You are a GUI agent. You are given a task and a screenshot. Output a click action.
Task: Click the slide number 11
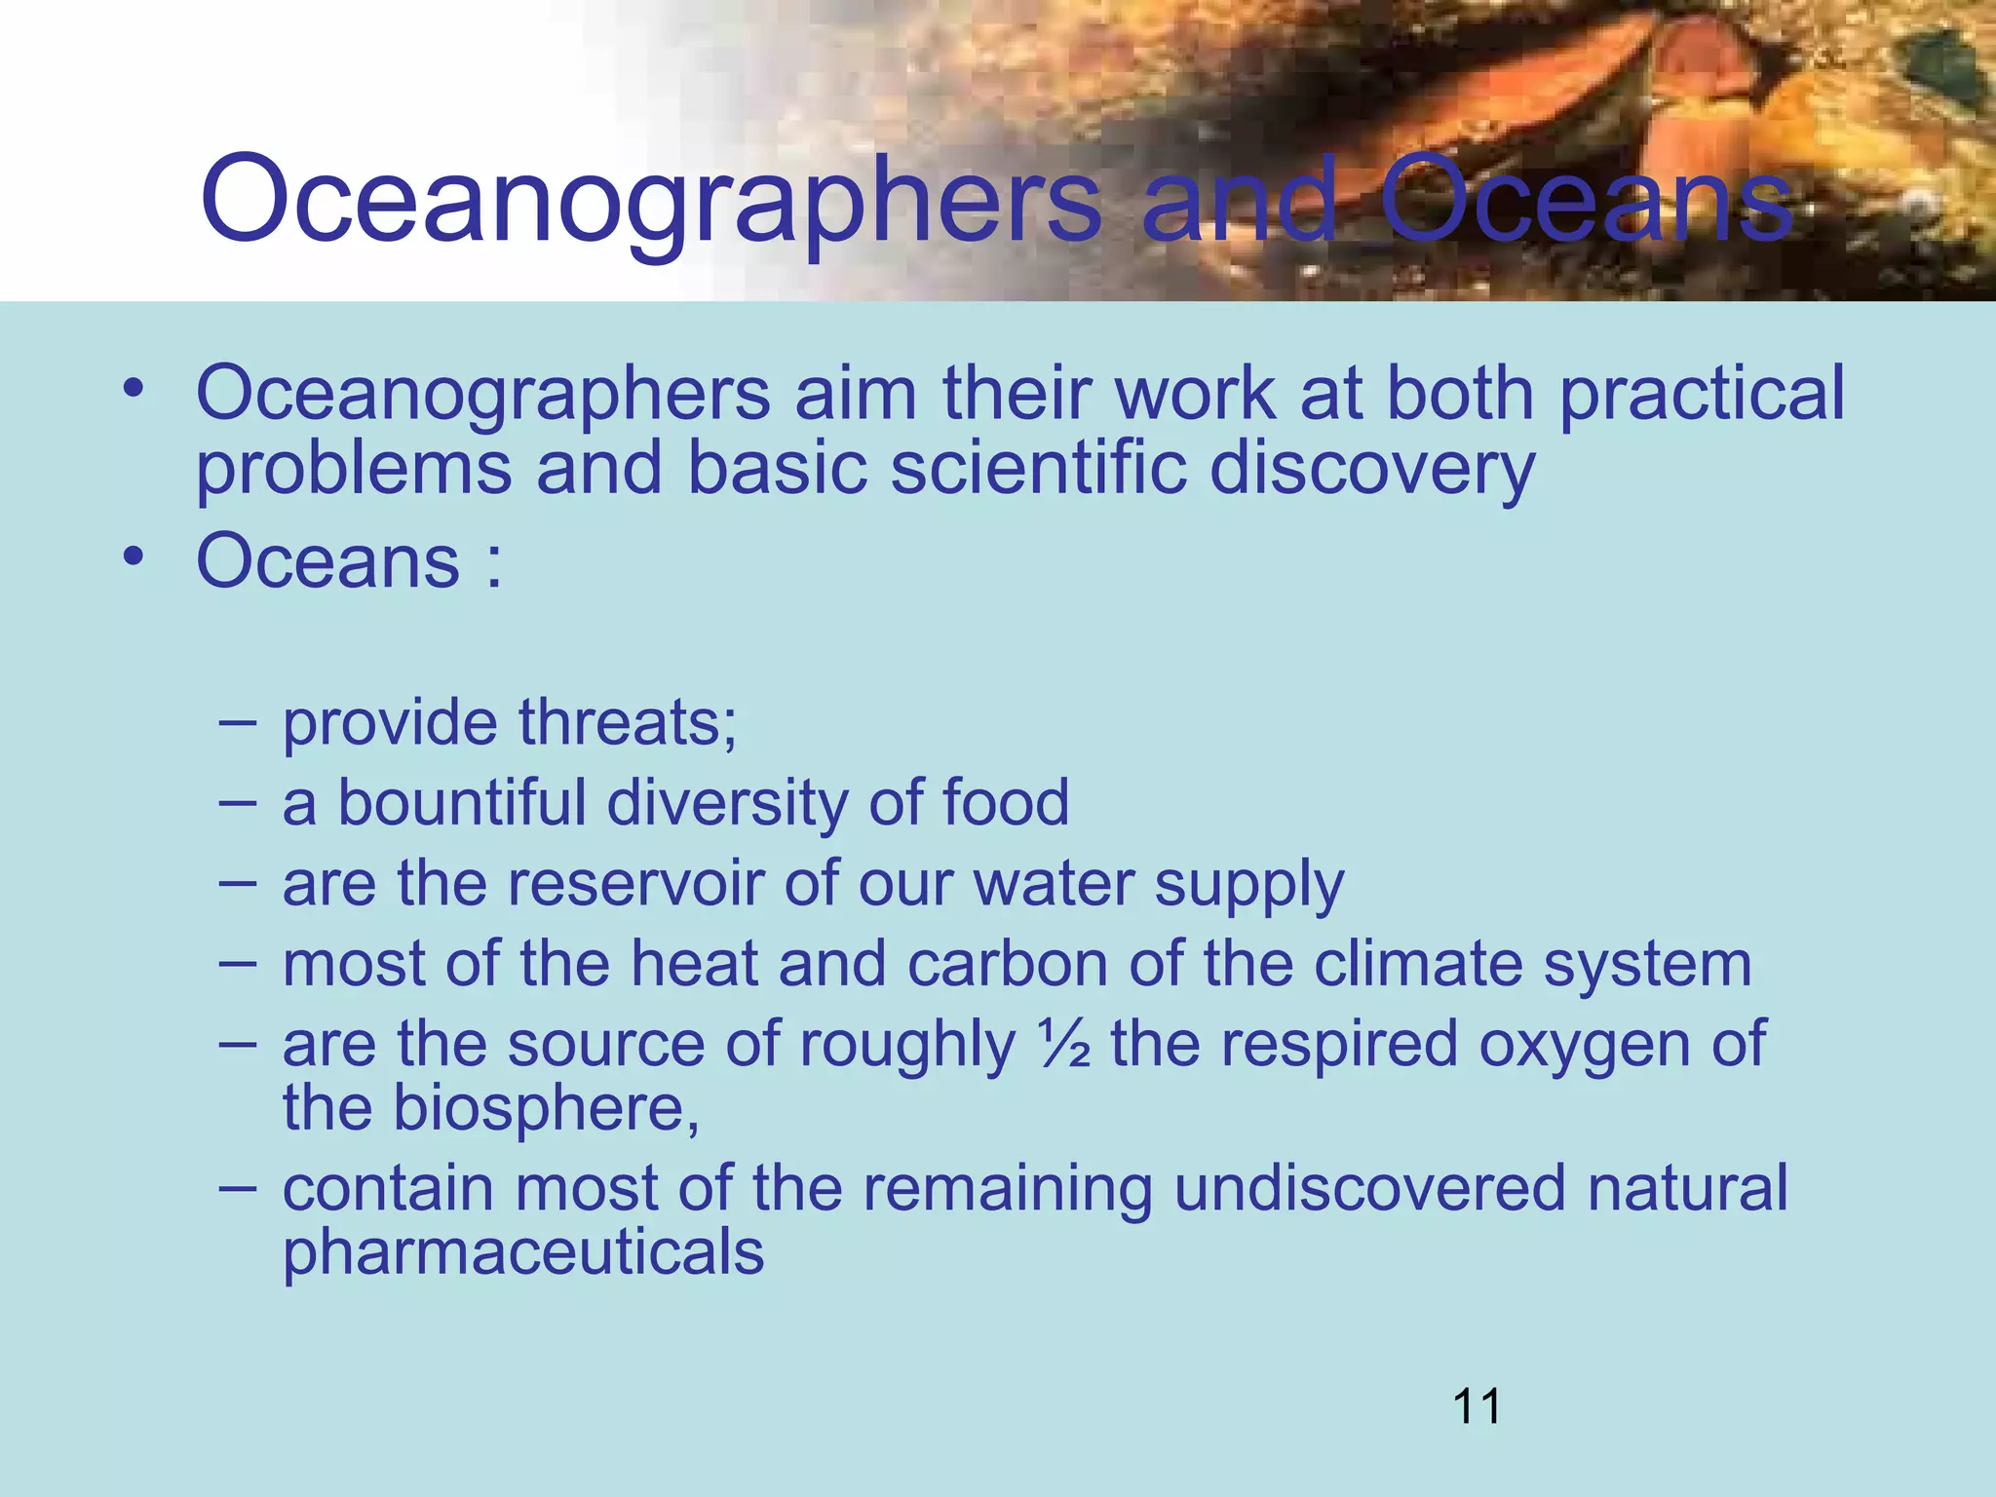coord(1477,1406)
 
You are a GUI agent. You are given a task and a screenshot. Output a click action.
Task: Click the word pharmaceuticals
coord(523,1252)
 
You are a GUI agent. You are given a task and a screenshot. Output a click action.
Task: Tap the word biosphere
coord(545,1108)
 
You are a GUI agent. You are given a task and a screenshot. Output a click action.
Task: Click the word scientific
coord(1038,468)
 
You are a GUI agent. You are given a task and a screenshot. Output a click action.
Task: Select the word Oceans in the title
coord(1587,200)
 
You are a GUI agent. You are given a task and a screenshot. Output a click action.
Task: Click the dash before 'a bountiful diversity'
coord(238,802)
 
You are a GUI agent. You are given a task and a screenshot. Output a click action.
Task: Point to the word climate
coord(1417,964)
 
